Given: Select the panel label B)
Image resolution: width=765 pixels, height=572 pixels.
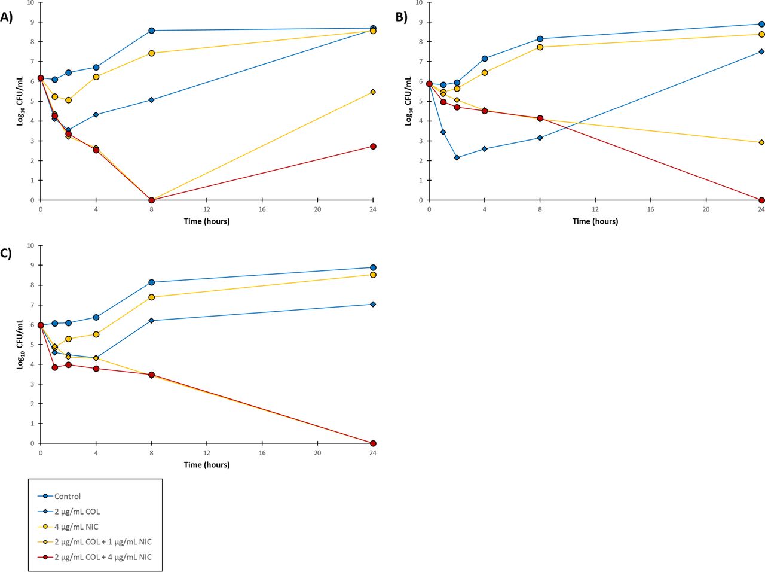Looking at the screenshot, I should click(x=401, y=17).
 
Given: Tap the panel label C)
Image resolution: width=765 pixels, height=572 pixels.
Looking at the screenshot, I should click(x=6, y=252).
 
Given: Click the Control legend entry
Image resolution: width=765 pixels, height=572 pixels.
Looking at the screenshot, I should click(x=67, y=496).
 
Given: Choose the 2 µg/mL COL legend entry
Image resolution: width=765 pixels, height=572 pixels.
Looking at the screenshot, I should click(x=76, y=512).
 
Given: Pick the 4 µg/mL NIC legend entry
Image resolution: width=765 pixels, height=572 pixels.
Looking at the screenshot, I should click(x=76, y=527).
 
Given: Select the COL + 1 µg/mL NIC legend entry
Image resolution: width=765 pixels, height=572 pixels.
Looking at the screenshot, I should click(x=103, y=542).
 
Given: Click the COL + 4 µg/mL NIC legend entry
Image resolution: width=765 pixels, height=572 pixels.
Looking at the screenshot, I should click(x=103, y=557).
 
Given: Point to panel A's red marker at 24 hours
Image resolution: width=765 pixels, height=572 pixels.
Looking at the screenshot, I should click(x=373, y=146).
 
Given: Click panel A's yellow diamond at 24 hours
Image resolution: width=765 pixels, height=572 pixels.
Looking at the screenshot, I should click(x=373, y=92).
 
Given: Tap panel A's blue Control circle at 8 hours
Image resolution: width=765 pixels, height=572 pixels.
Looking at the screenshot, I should click(x=152, y=31).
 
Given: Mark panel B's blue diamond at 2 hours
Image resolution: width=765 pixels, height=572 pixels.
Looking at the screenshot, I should click(x=457, y=157).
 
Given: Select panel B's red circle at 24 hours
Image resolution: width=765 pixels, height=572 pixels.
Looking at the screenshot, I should click(x=761, y=200).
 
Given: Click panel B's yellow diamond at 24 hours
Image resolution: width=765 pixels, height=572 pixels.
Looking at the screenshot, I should click(x=761, y=142).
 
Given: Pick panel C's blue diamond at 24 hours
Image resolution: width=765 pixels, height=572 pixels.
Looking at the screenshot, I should click(x=373, y=304).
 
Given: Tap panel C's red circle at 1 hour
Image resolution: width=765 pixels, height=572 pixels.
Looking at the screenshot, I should click(x=54, y=367).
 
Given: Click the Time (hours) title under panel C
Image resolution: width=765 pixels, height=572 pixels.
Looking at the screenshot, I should click(x=207, y=465).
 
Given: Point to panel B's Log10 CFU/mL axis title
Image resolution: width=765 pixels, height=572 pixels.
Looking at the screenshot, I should click(x=409, y=101).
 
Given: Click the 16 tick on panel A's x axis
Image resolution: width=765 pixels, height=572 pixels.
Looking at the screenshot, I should click(x=262, y=209).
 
